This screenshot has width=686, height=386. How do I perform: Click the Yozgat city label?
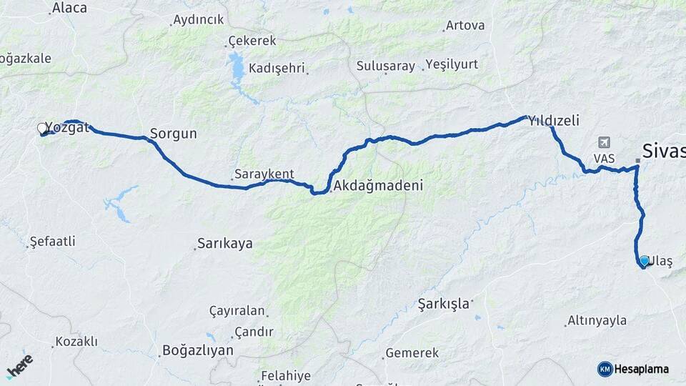tap(67, 128)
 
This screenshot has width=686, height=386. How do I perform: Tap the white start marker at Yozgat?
tap(42, 129)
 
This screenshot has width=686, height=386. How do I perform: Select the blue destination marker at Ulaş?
tap(645, 261)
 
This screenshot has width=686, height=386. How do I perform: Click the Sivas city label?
tap(663, 151)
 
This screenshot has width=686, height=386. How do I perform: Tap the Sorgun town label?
tap(173, 134)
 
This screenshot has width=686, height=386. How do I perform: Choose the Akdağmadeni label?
tap(378, 185)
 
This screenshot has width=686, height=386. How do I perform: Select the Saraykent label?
tap(264, 174)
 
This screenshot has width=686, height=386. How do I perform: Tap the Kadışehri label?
tap(277, 69)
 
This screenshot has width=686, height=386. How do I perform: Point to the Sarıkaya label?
tap(224, 244)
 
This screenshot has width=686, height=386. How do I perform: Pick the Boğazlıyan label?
tap(197, 350)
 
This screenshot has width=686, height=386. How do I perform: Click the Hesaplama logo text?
tap(641, 369)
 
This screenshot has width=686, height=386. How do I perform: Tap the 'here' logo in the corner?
tap(19, 365)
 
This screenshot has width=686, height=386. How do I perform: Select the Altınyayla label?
tap(597, 321)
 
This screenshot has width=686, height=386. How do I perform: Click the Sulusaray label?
tap(385, 66)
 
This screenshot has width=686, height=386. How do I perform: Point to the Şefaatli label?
tap(52, 242)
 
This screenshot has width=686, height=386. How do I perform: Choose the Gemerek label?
tap(412, 353)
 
